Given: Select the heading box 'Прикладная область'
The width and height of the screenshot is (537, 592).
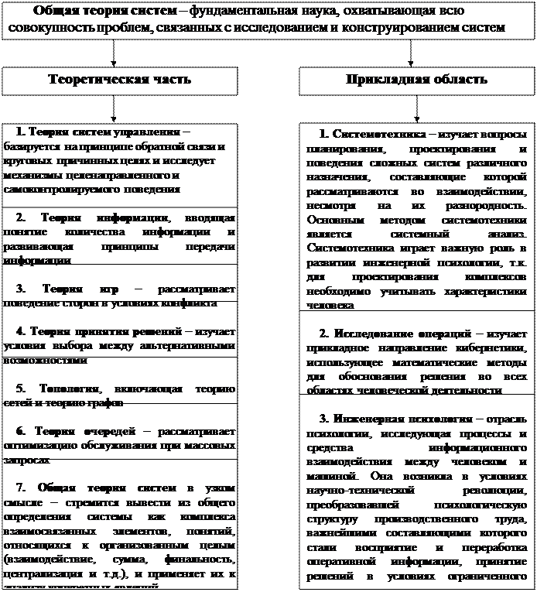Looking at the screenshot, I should (x=416, y=80).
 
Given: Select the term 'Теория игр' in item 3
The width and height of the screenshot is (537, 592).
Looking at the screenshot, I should (x=76, y=289).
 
